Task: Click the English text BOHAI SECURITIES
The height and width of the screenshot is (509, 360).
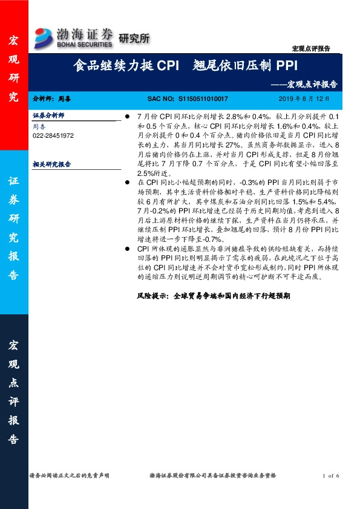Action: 85,44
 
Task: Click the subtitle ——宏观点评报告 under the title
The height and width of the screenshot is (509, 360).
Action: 312,84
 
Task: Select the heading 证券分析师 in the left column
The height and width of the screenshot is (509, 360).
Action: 48,115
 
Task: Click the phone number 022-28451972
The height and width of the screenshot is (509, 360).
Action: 53,136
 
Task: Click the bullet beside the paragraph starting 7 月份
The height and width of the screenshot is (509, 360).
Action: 126,115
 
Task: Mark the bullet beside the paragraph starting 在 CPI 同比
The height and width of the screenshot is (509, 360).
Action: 126,182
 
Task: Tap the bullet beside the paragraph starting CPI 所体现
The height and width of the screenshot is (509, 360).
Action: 126,248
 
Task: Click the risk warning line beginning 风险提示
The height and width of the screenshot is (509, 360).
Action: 214,297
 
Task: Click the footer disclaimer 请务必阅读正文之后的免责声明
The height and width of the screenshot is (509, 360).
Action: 70,476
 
